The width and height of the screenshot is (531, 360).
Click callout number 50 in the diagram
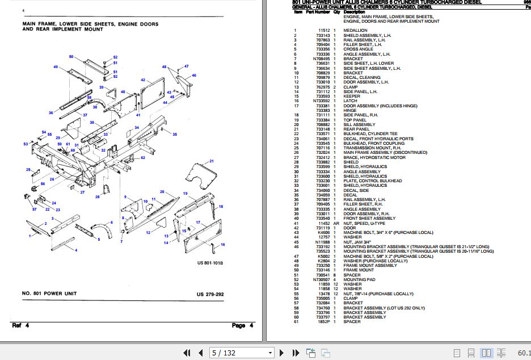point(71,57)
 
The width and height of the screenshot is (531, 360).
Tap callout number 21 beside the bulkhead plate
point(211,162)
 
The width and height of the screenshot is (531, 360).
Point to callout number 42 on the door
point(143,80)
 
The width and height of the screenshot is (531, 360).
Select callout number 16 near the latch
point(222,244)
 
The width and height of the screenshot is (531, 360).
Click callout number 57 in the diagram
point(34,210)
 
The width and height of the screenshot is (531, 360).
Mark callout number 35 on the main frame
point(175,134)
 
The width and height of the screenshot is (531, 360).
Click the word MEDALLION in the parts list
point(355,30)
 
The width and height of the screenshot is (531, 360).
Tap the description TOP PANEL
point(355,120)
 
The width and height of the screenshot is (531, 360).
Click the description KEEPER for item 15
point(352,97)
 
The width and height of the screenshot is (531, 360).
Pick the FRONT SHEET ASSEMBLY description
point(369,218)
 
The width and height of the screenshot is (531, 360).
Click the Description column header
point(355,11)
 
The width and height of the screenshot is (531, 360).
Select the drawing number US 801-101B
point(210,263)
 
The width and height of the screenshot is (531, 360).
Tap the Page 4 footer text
point(238,325)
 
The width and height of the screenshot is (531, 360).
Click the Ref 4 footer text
point(20,325)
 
